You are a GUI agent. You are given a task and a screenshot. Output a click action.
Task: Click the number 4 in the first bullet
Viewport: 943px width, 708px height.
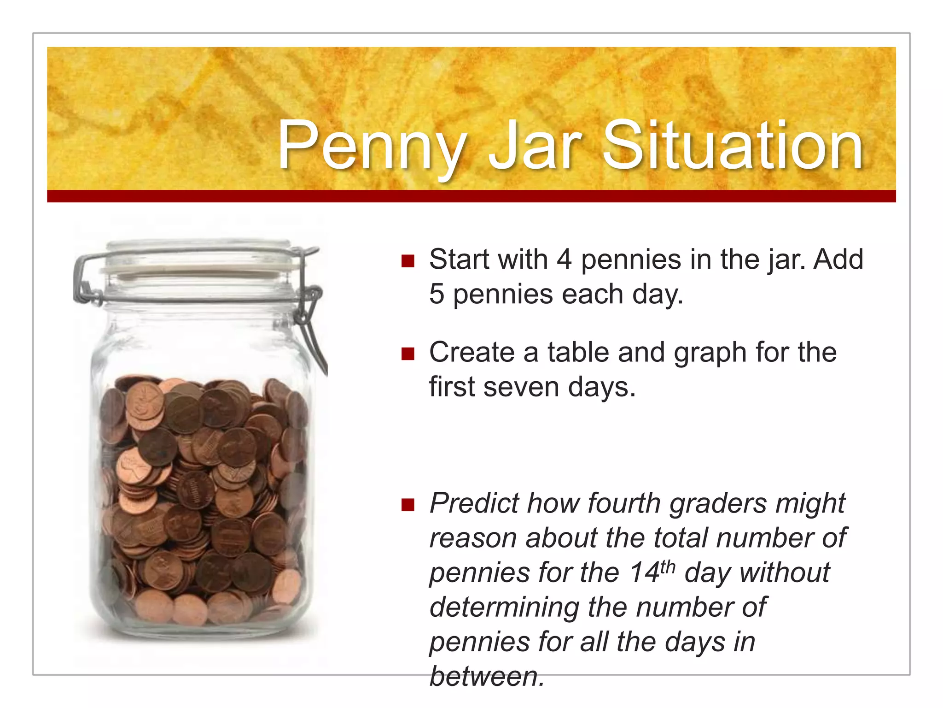tap(564, 260)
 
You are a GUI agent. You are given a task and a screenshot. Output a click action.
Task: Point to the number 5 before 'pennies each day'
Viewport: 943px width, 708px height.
tap(437, 295)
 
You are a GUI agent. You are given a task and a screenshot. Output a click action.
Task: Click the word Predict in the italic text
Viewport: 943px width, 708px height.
tap(474, 503)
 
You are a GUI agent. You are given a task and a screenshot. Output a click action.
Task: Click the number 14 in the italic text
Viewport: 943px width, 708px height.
tap(645, 573)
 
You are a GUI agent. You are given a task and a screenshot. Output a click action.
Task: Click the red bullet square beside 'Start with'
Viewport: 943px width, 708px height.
tap(408, 261)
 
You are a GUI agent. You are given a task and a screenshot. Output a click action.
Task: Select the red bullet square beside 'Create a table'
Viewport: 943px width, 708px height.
tap(408, 354)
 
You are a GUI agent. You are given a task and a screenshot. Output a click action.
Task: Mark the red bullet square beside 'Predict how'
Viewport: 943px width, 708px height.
tap(408, 505)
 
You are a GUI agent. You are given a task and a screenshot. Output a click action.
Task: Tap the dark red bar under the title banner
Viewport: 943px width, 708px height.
tap(471, 196)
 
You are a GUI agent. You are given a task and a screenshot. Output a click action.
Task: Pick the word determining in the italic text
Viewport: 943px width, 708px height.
tap(504, 607)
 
